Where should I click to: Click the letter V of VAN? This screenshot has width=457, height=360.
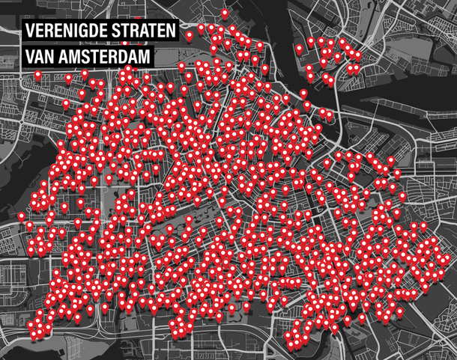point(30,57)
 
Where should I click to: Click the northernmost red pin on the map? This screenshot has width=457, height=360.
point(225,13)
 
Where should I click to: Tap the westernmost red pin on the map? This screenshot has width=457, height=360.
point(21,216)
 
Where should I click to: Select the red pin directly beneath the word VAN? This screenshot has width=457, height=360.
point(69,78)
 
